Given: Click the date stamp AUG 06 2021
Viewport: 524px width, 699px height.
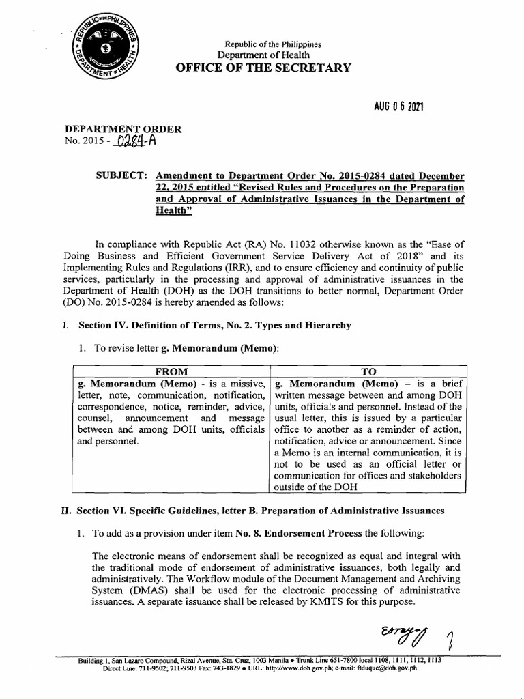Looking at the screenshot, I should pos(398,107).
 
